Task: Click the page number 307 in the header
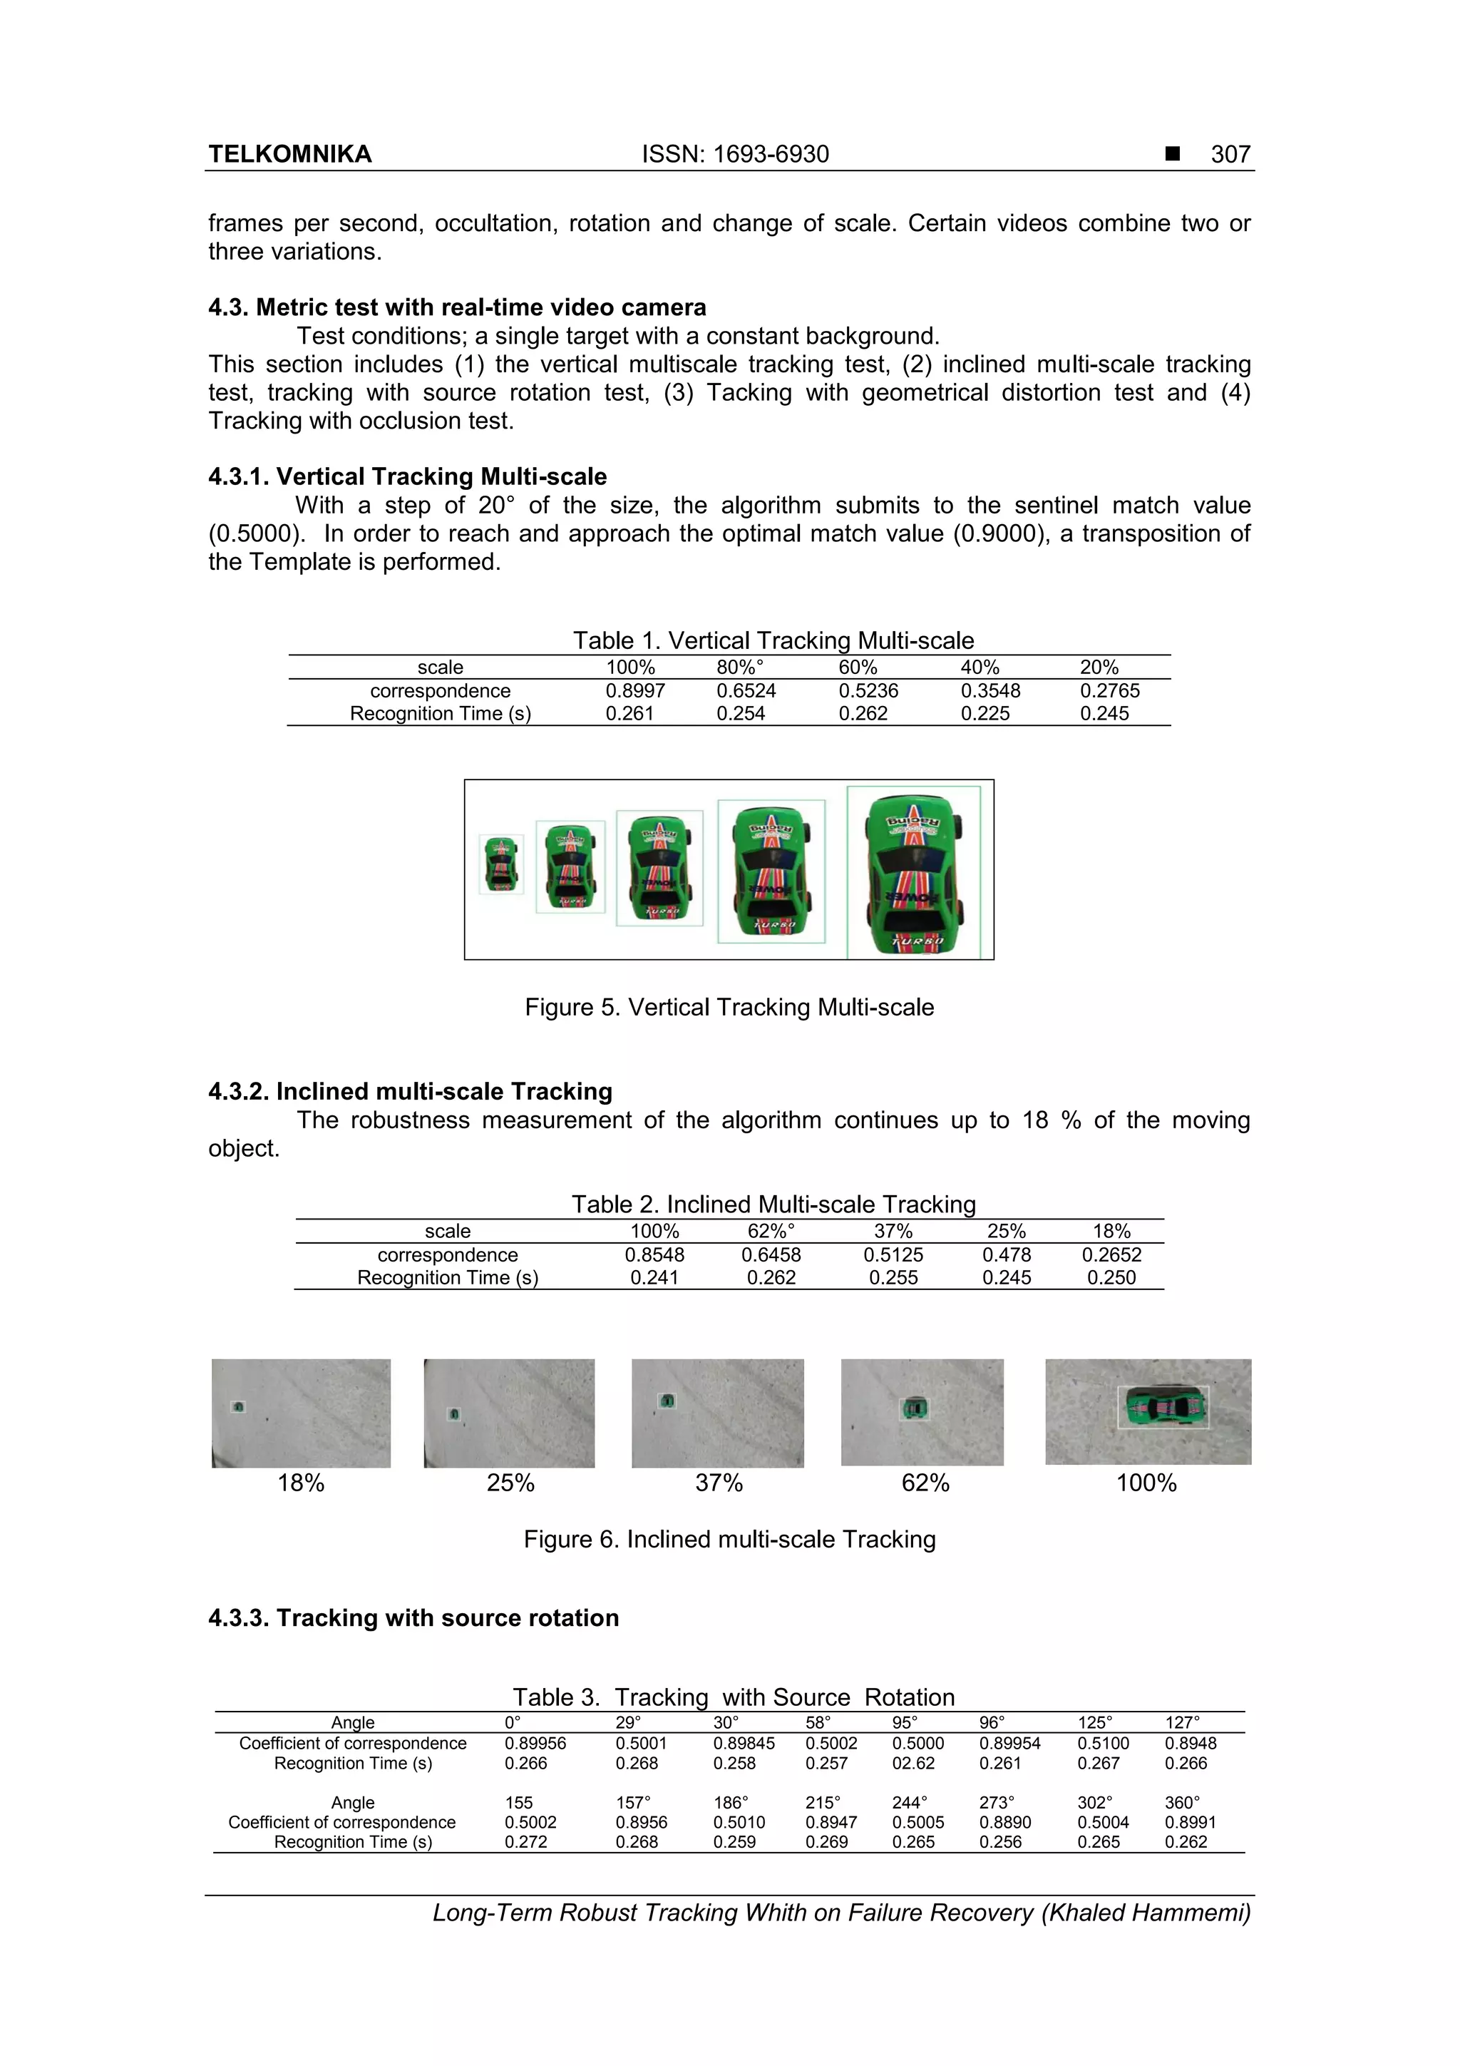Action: coord(1230,155)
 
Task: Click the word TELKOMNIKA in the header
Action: coord(289,155)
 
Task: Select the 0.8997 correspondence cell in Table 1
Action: coord(635,690)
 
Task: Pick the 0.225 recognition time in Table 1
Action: coord(985,714)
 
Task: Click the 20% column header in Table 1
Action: coord(1099,667)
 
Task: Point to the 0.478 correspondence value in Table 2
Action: coord(1007,1254)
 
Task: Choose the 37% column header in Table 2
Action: coord(893,1231)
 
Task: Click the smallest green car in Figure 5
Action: coord(500,863)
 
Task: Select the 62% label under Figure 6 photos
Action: coord(925,1483)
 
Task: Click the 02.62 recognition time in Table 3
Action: coord(913,1763)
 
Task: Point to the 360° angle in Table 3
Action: coord(1182,1802)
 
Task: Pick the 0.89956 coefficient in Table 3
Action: coord(535,1743)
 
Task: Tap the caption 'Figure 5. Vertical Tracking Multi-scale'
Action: coord(729,1007)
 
